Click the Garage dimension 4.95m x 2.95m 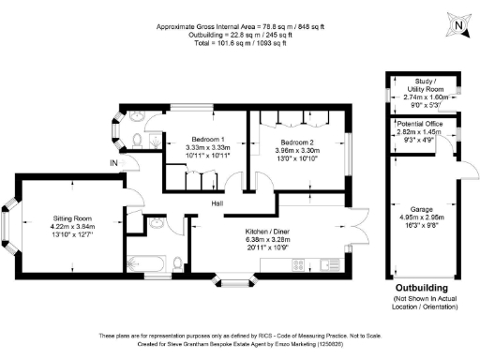click(427, 218)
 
